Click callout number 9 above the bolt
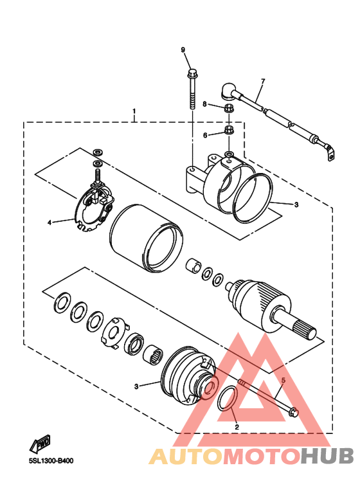pos(183,50)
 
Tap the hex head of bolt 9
pos(192,74)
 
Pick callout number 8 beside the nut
pos(204,104)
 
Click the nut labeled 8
pos(228,108)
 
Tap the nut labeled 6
pos(228,130)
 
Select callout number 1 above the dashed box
pos(134,111)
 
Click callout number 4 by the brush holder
pos(49,222)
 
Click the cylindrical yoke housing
pos(147,238)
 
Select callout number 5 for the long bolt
pos(283,380)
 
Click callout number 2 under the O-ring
pos(237,427)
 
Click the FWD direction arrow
pos(40,444)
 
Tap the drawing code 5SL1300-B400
pos(51,461)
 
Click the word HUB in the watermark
pos(327,456)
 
